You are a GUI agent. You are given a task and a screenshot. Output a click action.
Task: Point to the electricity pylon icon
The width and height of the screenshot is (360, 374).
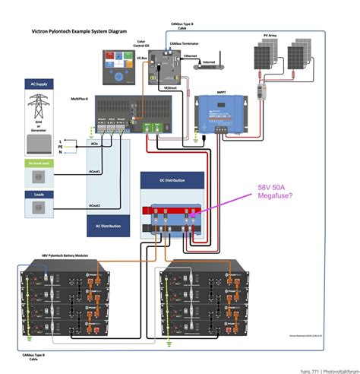[36, 103]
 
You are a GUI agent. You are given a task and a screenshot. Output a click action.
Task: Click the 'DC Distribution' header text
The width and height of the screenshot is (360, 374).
[172, 181]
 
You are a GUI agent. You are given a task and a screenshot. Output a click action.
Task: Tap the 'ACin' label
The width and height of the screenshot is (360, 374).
[93, 143]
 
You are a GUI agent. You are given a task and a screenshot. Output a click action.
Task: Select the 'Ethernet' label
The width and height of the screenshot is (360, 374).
[190, 55]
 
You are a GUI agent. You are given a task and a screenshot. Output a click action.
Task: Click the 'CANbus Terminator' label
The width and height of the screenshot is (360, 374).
[185, 44]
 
